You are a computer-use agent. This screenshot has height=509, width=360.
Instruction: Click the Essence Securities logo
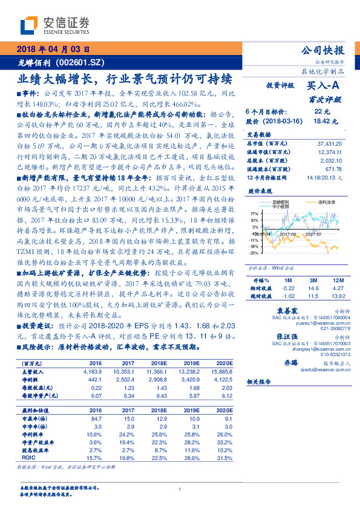point(55,25)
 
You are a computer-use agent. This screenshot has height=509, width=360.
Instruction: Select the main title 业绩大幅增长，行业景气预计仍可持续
point(125,79)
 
